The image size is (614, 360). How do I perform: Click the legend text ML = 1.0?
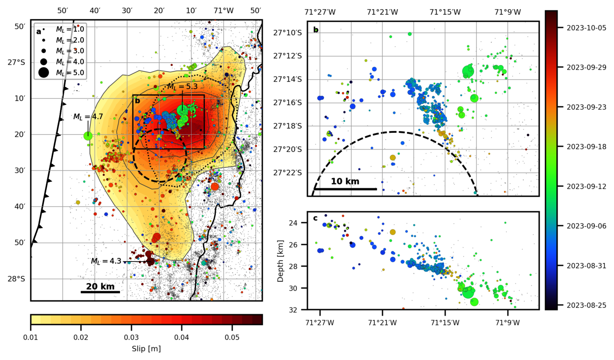(70, 29)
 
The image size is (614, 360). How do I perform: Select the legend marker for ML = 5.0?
(44, 72)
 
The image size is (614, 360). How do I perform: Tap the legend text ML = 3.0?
(70, 51)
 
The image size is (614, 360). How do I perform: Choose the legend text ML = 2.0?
(70, 40)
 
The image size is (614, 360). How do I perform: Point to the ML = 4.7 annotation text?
(88, 117)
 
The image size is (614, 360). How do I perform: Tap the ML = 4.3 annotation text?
(106, 261)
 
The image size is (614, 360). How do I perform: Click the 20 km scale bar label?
(100, 286)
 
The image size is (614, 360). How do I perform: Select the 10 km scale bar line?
(345, 189)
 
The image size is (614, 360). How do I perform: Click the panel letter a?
(38, 32)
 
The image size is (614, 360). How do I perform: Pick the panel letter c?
(315, 218)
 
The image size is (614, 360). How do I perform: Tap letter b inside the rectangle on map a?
(137, 100)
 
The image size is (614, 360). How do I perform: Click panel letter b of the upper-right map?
(316, 30)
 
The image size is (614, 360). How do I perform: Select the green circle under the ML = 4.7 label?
(88, 136)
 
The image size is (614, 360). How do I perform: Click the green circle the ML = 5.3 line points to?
(182, 110)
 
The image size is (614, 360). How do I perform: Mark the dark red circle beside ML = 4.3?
(150, 261)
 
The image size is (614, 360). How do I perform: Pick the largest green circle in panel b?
(468, 71)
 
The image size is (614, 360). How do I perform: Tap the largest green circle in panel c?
(468, 292)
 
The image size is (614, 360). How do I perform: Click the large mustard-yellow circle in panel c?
(393, 232)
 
